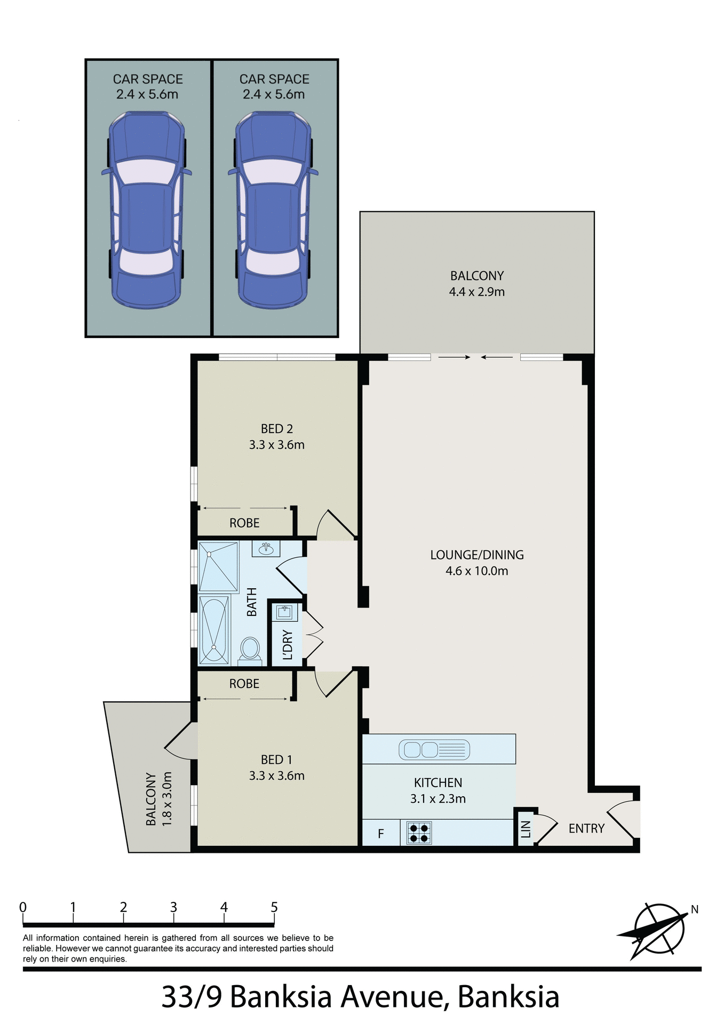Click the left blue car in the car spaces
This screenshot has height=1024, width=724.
[x=147, y=211]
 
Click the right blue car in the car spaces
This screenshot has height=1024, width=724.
[x=273, y=211]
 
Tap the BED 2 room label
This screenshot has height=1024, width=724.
[x=276, y=429]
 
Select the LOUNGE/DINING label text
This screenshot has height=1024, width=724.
[x=476, y=555]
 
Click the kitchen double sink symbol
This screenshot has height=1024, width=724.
[x=434, y=750]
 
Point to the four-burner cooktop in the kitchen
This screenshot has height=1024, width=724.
[x=419, y=833]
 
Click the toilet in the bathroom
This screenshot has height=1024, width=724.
[x=250, y=649]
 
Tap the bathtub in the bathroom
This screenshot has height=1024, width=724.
[x=214, y=630]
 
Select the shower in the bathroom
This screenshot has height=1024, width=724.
[x=218, y=566]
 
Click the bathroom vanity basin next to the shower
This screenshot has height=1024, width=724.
[x=266, y=548]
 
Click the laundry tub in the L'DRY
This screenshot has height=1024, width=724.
[x=285, y=612]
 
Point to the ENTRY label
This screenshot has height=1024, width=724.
[x=586, y=828]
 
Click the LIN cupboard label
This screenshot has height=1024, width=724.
[x=526, y=829]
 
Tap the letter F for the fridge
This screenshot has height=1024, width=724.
[x=381, y=834]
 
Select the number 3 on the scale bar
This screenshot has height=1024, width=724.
[x=173, y=907]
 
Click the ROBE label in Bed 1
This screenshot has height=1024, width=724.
[x=244, y=684]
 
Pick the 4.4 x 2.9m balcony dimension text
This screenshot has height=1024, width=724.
[x=476, y=292]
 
